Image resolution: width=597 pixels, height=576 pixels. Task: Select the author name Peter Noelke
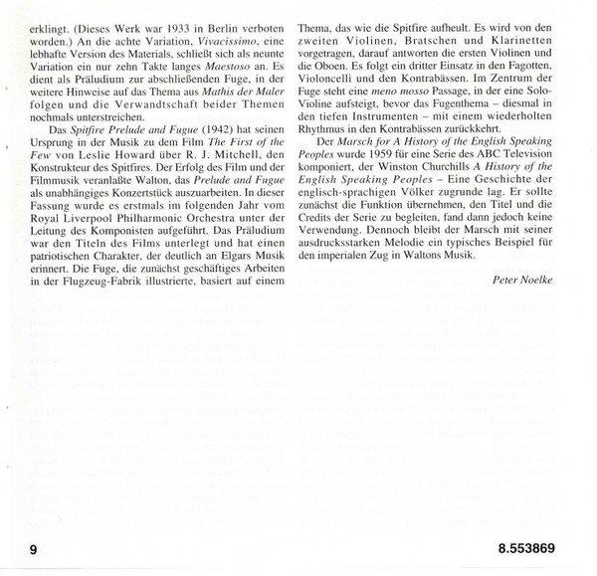pos(525,282)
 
